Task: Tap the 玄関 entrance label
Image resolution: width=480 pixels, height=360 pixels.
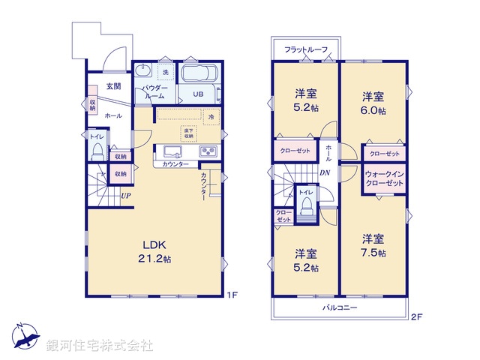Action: pyautogui.click(x=114, y=86)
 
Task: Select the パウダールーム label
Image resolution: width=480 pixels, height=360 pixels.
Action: pyautogui.click(x=154, y=92)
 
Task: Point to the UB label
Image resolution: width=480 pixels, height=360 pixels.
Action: pyautogui.click(x=198, y=94)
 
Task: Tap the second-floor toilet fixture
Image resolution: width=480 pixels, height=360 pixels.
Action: pyautogui.click(x=306, y=209)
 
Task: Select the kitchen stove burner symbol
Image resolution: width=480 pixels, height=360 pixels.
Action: pyautogui.click(x=207, y=152)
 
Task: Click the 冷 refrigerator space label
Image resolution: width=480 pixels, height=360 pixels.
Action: pyautogui.click(x=211, y=118)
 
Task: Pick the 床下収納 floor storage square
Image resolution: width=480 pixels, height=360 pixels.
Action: pyautogui.click(x=188, y=133)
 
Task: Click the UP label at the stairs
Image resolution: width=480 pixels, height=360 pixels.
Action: pyautogui.click(x=127, y=196)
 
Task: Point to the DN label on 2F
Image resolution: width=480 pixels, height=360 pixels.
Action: pyautogui.click(x=324, y=174)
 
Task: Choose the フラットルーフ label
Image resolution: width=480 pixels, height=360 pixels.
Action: pyautogui.click(x=305, y=50)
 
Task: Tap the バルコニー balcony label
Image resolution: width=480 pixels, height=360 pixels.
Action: pyautogui.click(x=340, y=308)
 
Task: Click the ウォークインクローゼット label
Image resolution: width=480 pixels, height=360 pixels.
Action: pyautogui.click(x=385, y=179)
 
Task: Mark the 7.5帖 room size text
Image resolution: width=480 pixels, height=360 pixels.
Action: pyautogui.click(x=373, y=253)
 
